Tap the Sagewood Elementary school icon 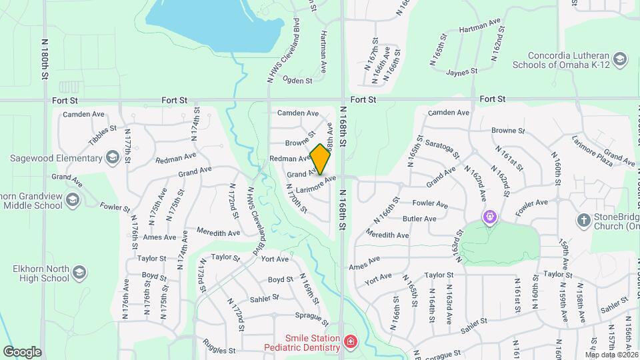pyautogui.click(x=112, y=157)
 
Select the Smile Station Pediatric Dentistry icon pyautogui.click(x=350, y=343)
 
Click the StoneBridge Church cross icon pyautogui.click(x=583, y=219)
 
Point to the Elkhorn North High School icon pyautogui.click(x=79, y=273)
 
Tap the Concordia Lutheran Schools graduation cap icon pyautogui.click(x=620, y=60)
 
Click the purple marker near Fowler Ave pyautogui.click(x=491, y=217)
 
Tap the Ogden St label pyautogui.click(x=298, y=81)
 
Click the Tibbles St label pyautogui.click(x=103, y=136)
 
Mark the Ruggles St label pyautogui.click(x=221, y=350)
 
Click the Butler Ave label pyautogui.click(x=419, y=219)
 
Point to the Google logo pyautogui.click(x=22, y=351)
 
